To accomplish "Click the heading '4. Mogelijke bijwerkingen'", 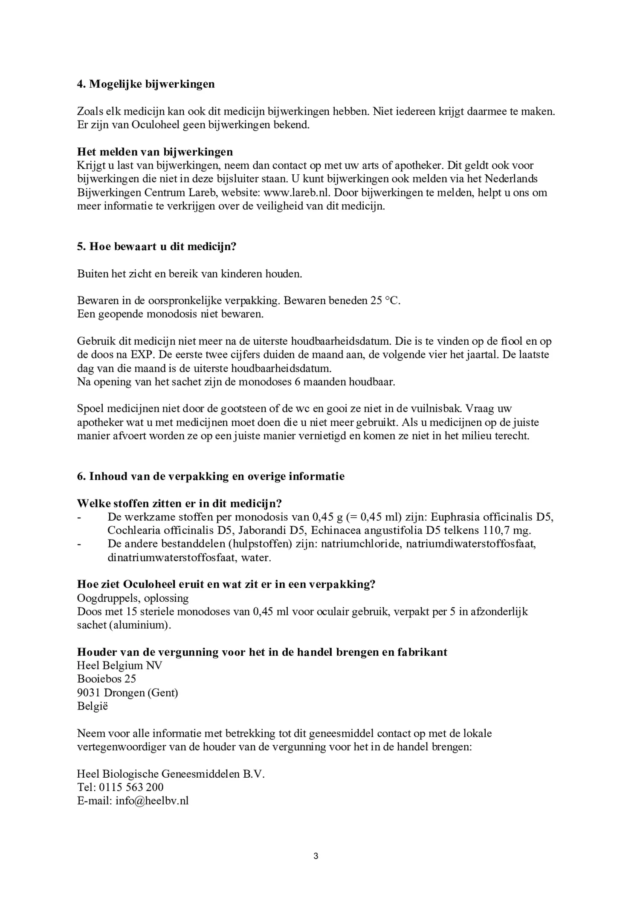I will click(146, 84).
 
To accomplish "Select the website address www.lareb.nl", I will click(297, 193).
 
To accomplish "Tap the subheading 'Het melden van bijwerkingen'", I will click(155, 152).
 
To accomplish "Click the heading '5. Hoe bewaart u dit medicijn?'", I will click(156, 247).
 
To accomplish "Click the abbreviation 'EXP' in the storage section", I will click(141, 355).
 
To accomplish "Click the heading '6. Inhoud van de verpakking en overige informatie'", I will click(211, 476).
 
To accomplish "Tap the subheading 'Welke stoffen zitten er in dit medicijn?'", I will click(179, 504).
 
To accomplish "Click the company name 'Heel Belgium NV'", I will click(119, 666).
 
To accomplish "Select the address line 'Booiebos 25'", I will click(107, 679).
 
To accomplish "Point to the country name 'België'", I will click(93, 707).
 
